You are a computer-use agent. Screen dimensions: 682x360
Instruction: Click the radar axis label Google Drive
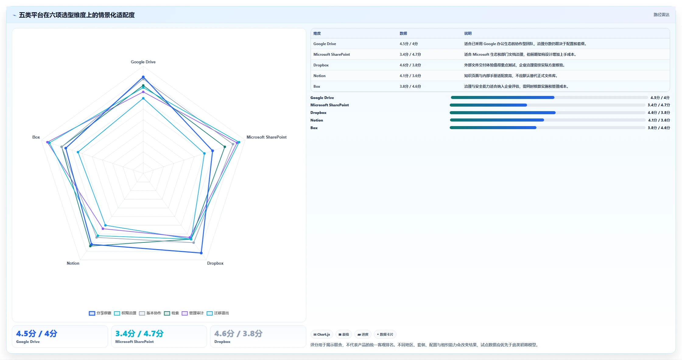(143, 62)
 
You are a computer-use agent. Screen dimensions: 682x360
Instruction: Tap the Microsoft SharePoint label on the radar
(266, 137)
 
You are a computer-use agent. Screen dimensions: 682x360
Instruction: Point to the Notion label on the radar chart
(73, 263)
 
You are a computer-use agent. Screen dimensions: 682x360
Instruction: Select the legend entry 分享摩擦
(100, 313)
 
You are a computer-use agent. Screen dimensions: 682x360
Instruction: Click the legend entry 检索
(171, 313)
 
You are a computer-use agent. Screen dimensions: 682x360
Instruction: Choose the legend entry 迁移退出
(218, 313)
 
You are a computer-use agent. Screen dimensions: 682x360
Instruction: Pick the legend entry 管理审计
(193, 313)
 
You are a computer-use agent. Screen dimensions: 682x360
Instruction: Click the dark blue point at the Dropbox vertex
(201, 253)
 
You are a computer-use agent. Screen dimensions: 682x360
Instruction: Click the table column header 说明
(468, 34)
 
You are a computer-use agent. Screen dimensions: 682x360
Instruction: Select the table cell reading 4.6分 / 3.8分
(410, 65)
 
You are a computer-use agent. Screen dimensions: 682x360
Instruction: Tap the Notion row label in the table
(319, 76)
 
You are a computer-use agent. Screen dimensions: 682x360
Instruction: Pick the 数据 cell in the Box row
(410, 86)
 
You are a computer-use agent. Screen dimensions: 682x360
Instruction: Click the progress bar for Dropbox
(547, 113)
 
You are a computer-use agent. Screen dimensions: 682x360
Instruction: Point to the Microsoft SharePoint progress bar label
(329, 105)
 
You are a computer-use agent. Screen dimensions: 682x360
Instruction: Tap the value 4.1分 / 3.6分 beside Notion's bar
(659, 120)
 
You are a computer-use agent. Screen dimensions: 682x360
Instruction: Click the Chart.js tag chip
(322, 334)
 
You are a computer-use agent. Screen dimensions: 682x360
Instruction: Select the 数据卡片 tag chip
(385, 334)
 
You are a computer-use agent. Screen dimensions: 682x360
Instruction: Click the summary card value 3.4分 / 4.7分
(139, 334)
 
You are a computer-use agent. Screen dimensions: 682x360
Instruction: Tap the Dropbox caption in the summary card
(222, 342)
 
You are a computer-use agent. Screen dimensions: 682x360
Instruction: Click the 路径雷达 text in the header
(661, 15)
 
